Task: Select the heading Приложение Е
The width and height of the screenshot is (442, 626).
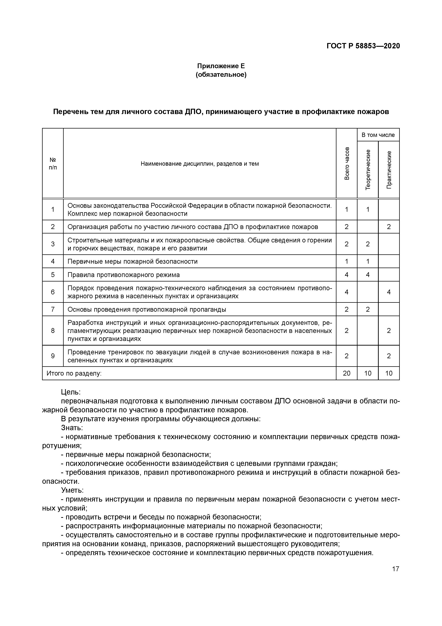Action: [221, 66]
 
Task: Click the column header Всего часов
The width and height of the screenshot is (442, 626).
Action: [346, 164]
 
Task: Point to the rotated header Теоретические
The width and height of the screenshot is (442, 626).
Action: [368, 169]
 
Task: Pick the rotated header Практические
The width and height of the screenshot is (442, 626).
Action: [389, 169]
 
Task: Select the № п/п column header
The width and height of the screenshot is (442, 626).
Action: [53, 164]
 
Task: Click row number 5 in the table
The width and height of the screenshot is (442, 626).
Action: [53, 275]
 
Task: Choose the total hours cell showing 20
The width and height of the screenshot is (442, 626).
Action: [346, 373]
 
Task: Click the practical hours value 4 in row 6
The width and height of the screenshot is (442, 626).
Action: [389, 292]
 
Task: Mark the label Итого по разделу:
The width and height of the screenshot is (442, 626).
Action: [74, 373]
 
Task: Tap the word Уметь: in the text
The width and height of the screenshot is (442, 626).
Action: [72, 490]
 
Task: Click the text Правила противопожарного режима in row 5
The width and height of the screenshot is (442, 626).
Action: [123, 275]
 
